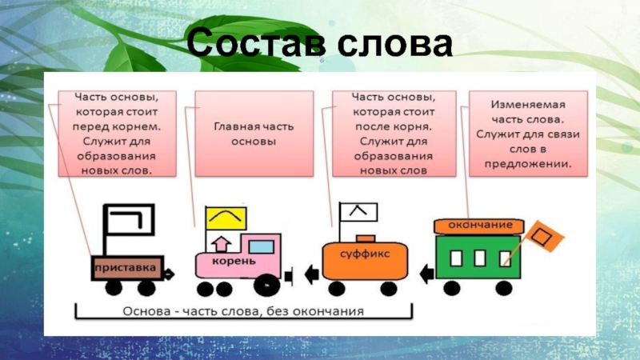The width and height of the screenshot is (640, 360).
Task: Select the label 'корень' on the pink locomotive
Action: click(234, 262)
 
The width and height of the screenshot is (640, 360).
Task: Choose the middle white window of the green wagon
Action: click(480, 258)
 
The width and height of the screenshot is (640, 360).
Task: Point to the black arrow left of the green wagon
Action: click(426, 274)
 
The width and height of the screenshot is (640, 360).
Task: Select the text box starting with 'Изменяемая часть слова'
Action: click(527, 134)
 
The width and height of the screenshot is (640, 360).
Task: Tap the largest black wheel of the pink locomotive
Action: click(266, 283)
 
